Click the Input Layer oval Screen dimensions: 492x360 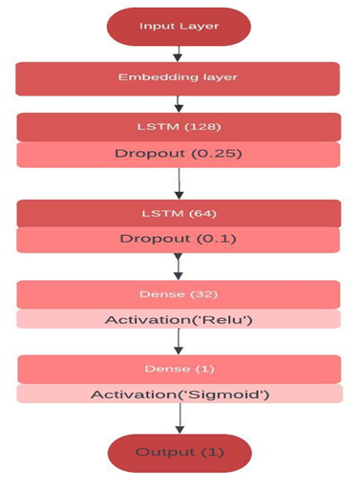pyautogui.click(x=179, y=26)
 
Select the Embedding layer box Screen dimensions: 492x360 pyautogui.click(x=179, y=77)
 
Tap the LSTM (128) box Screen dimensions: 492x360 pyautogui.click(x=179, y=127)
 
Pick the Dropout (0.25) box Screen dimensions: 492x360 pyautogui.click(x=179, y=153)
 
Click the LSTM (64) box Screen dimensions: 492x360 pyautogui.click(x=179, y=213)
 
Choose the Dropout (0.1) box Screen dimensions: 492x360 pyautogui.click(x=179, y=239)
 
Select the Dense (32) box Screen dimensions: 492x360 pyautogui.click(x=179, y=294)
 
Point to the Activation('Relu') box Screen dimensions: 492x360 pyautogui.click(x=179, y=320)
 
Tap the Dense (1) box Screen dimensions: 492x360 pyautogui.click(x=179, y=369)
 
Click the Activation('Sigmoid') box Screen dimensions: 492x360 pyautogui.click(x=179, y=394)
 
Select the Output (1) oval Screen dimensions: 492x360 pyautogui.click(x=179, y=453)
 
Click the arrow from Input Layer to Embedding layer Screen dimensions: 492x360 pyautogui.click(x=179, y=53)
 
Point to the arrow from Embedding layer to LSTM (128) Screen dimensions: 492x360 pyautogui.click(x=179, y=103)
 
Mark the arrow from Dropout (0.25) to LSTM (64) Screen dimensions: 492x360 pyautogui.click(x=179, y=182)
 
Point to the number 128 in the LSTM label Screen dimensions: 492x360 pyautogui.click(x=198, y=127)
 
